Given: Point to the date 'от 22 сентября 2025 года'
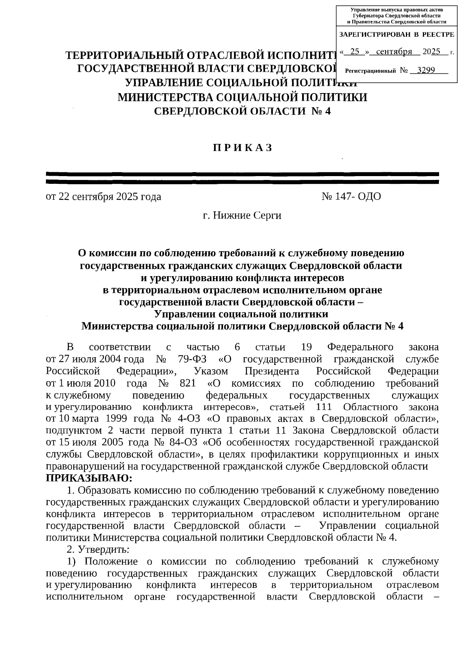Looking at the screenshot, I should (103, 197).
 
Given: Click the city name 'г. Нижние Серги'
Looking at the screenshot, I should (242, 216).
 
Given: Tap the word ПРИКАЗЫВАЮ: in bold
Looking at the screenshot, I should (89, 478).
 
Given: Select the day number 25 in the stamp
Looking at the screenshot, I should (355, 52).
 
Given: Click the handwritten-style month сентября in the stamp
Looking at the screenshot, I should (394, 52).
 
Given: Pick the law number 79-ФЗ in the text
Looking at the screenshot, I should (192, 359).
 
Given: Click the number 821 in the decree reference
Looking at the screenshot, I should (188, 383).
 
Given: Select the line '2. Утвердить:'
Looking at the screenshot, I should (98, 549).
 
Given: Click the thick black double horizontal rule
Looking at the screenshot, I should (242, 178).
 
